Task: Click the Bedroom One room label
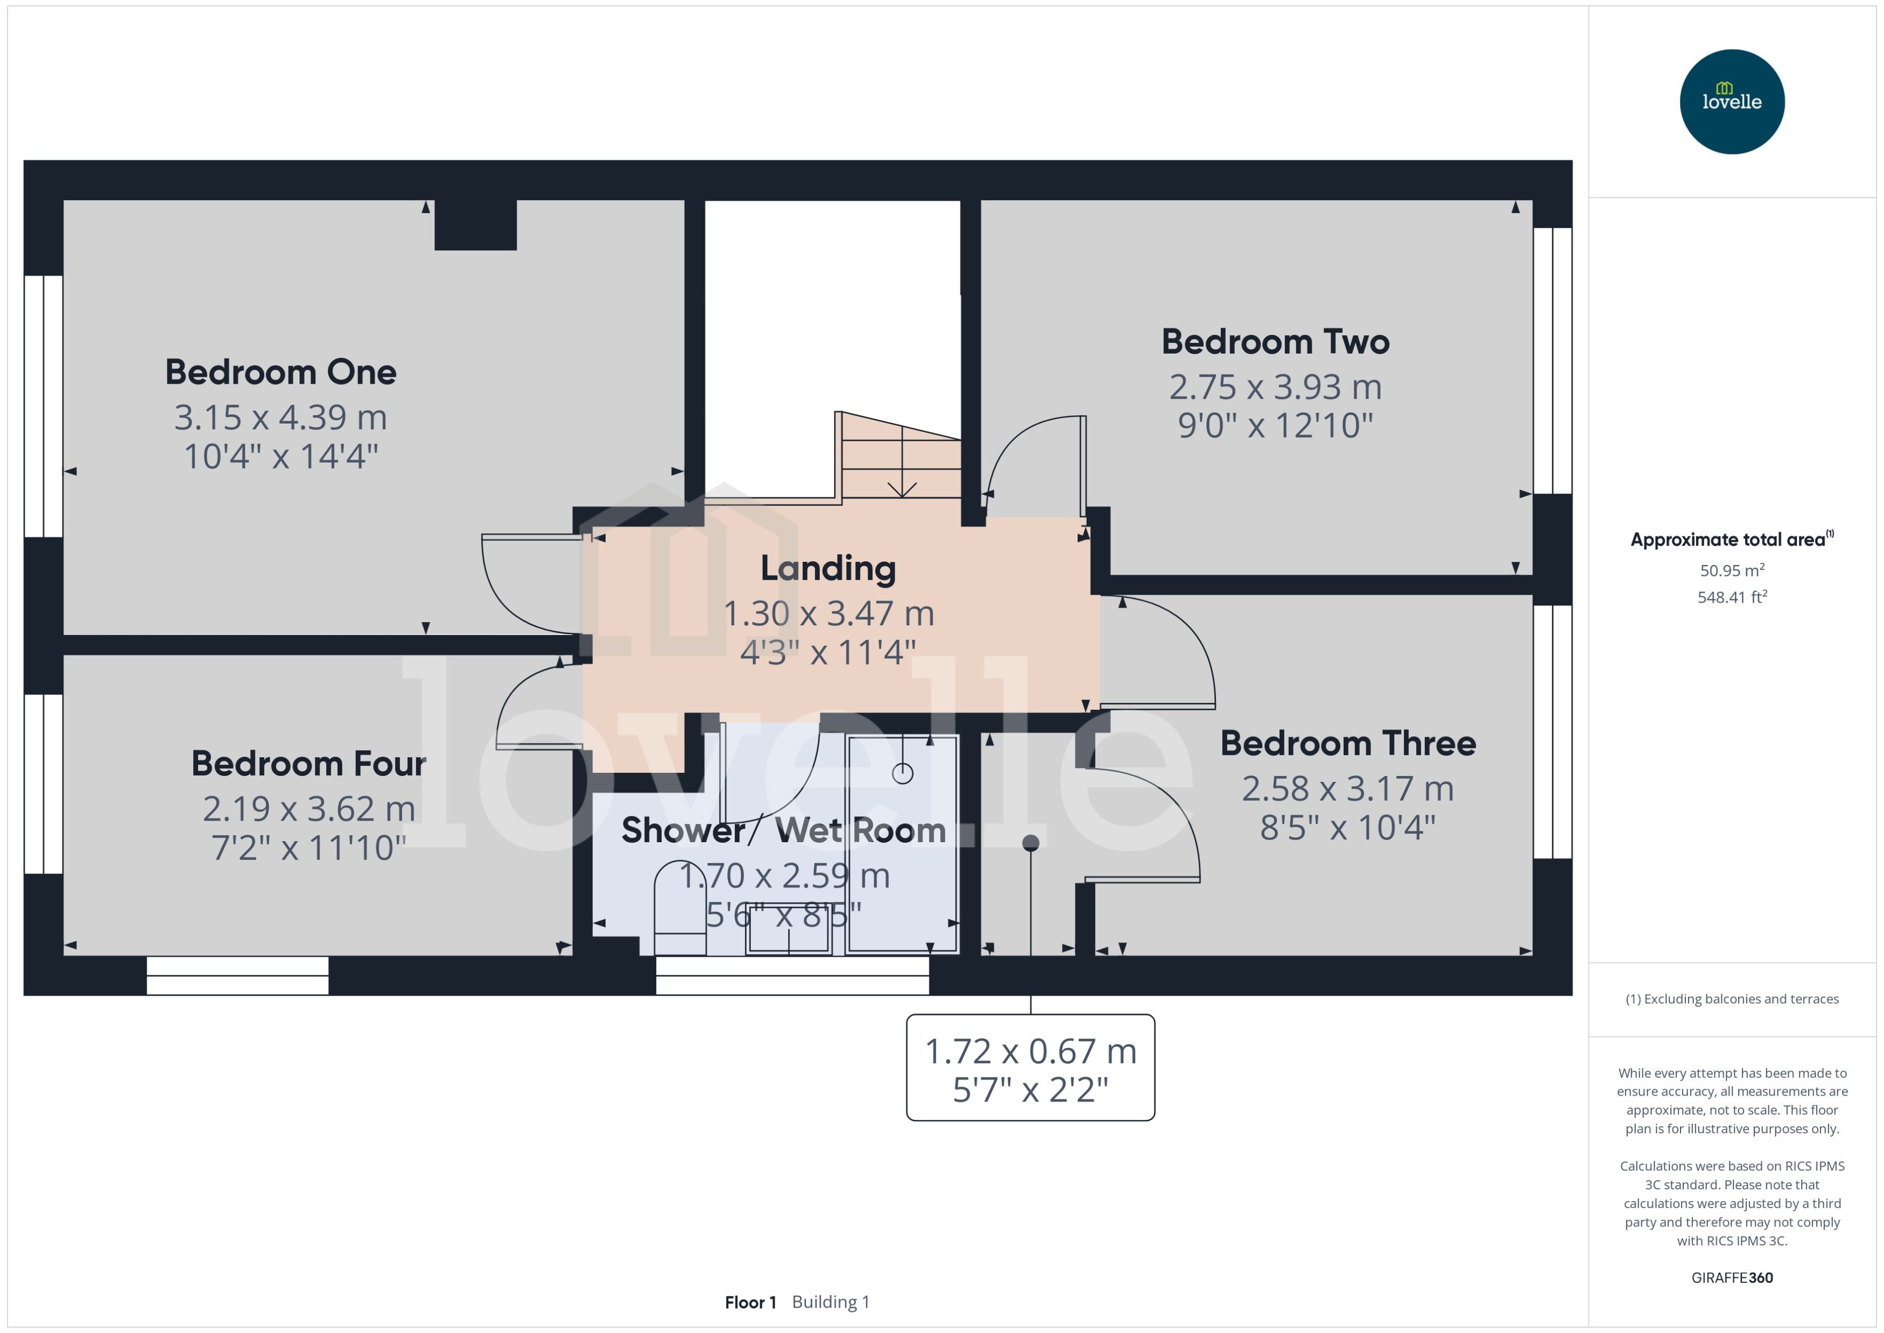point(281,372)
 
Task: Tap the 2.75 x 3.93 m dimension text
point(1275,386)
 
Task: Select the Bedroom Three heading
point(1348,743)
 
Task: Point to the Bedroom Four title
point(308,763)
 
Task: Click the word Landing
point(827,568)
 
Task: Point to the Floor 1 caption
point(749,1302)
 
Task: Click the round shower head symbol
point(902,773)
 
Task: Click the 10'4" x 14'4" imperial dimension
point(281,456)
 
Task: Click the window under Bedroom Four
point(237,975)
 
